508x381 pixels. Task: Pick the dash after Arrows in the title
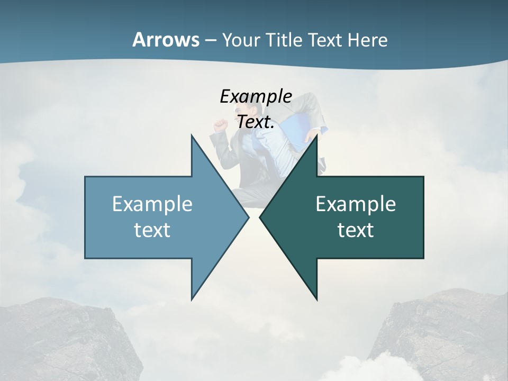[x=210, y=41]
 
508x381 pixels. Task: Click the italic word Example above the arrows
[x=256, y=96]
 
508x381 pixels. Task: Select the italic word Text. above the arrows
[x=256, y=122]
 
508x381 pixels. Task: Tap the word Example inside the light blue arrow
[x=152, y=204]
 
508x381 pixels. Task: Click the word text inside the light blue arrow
[x=152, y=230]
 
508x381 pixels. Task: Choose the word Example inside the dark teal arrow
[x=356, y=204]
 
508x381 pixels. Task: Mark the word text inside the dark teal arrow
[x=356, y=230]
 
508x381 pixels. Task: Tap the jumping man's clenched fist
[x=219, y=125]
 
